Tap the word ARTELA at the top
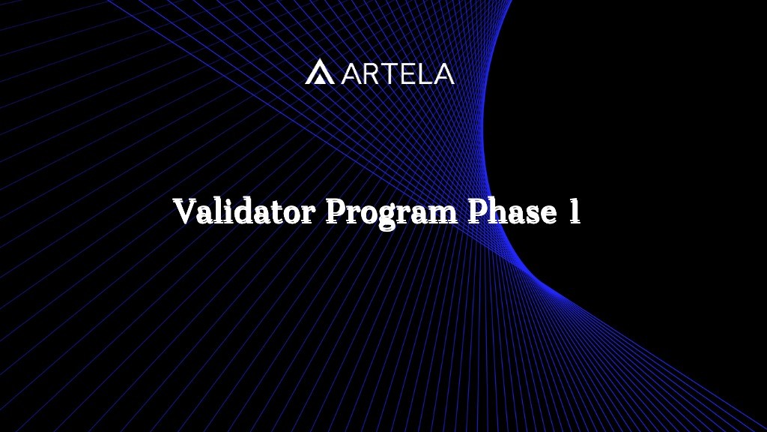(398, 73)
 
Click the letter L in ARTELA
(426, 73)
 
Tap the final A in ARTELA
(443, 73)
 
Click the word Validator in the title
(243, 212)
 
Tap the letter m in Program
(443, 214)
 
